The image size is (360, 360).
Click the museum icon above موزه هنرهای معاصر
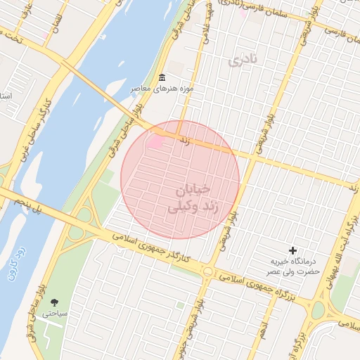click(x=162, y=77)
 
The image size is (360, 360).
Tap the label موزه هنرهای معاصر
click(x=162, y=90)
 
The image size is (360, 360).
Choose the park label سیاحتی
click(x=53, y=314)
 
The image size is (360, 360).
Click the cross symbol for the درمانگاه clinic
click(x=293, y=250)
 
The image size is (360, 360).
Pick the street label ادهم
click(x=262, y=327)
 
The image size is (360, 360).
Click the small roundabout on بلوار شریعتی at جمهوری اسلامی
click(x=207, y=271)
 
